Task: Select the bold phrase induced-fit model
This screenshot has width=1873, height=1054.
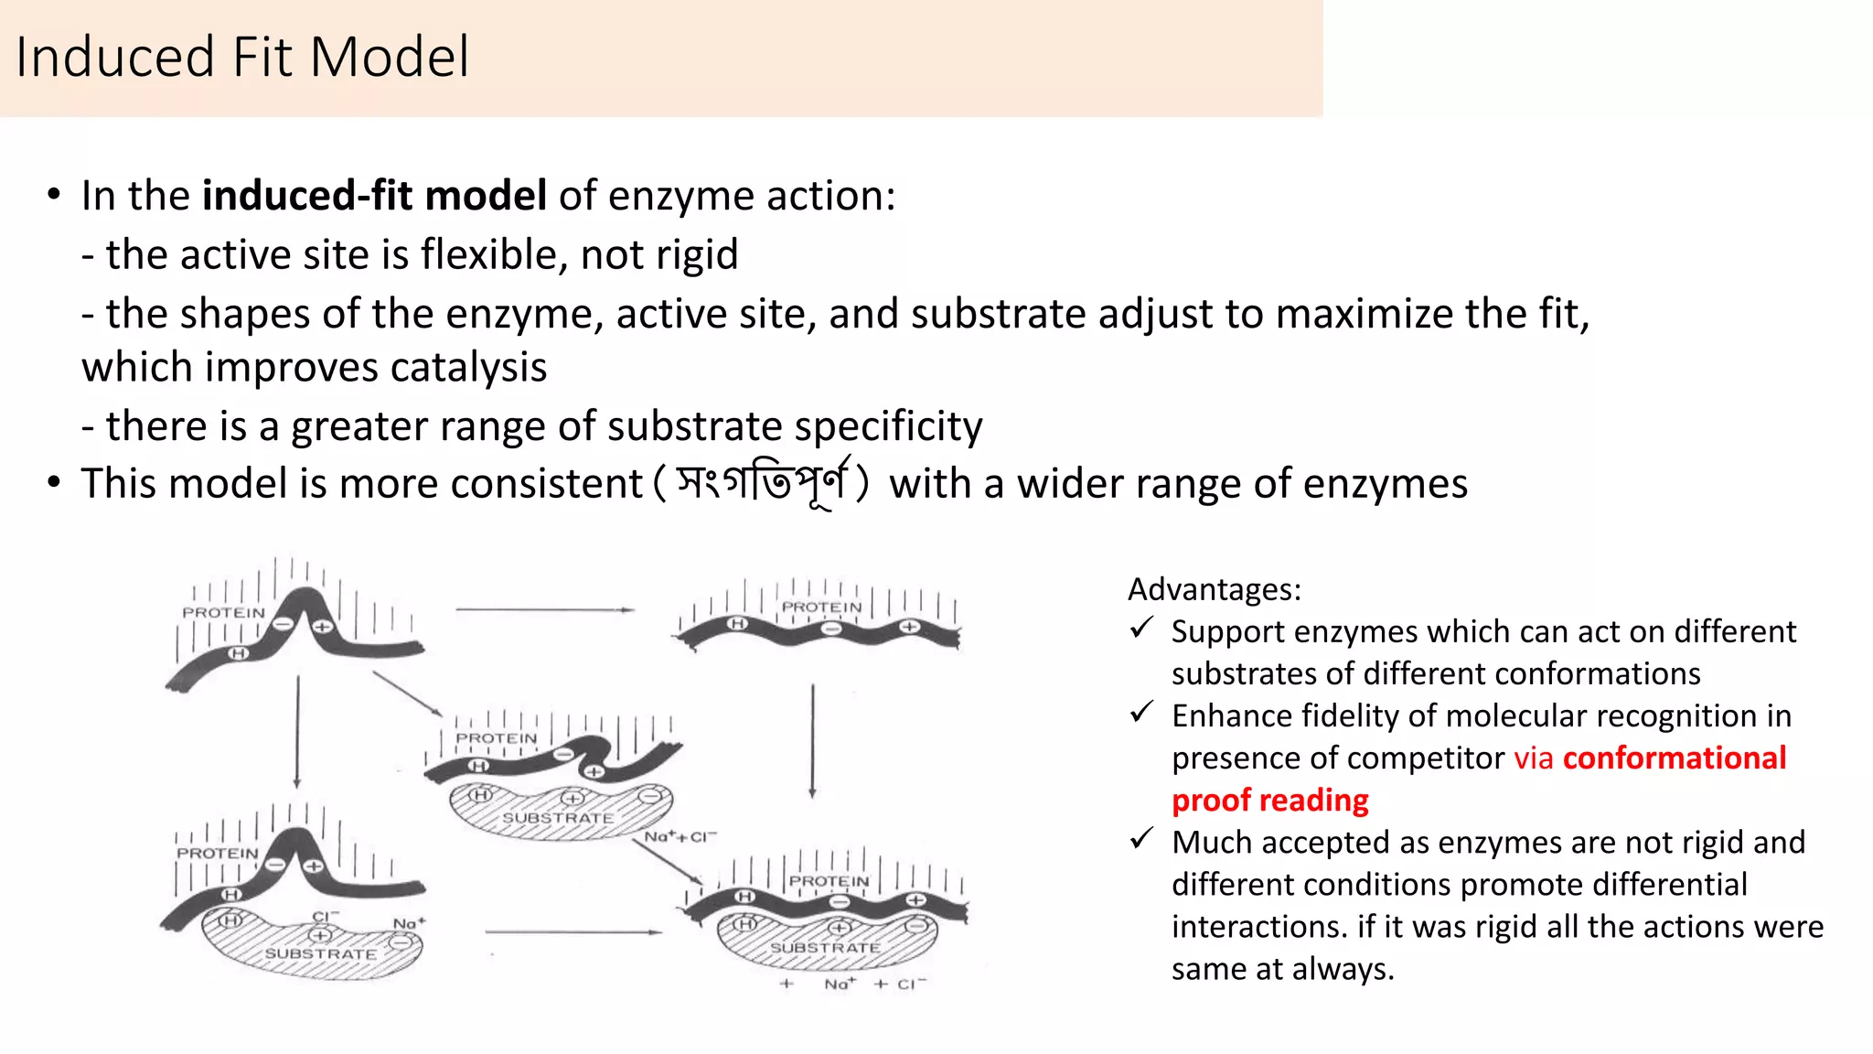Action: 374,196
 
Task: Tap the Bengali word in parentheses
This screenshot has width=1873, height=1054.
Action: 761,483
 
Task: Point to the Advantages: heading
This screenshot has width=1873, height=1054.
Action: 1214,589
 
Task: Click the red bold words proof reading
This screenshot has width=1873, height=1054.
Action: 1269,801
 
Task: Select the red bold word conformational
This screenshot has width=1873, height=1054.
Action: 1674,758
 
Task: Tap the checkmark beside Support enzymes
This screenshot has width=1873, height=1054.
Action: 1140,629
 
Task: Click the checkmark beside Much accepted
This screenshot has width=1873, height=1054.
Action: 1140,839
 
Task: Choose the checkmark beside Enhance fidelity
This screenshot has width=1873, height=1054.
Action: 1140,713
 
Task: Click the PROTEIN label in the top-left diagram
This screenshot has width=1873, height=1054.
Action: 223,612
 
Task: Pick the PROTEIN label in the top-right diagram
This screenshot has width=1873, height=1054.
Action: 821,607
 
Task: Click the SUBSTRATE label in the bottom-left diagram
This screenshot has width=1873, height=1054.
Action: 320,953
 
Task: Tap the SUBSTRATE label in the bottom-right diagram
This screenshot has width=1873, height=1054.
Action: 825,948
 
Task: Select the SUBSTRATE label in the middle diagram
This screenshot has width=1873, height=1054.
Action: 557,817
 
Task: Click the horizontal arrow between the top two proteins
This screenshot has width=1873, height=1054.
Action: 544,609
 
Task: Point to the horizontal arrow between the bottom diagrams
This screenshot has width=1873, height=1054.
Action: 573,932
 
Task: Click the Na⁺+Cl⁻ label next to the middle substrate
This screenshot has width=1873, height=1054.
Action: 680,836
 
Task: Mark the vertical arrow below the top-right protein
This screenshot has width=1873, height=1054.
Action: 812,741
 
